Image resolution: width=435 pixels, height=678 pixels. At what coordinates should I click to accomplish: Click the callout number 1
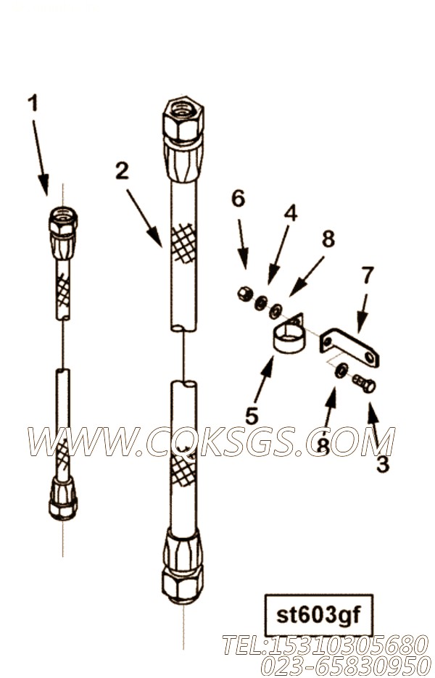coord(33,103)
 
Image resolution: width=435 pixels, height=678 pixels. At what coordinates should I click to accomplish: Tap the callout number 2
coord(122,171)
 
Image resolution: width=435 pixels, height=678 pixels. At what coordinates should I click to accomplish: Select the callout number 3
coord(382,465)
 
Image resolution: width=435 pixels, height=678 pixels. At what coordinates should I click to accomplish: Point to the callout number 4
coord(290,212)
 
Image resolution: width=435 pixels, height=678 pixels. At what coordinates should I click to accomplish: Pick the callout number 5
coord(252,416)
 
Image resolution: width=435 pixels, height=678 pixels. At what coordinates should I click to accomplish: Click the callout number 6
coord(238,198)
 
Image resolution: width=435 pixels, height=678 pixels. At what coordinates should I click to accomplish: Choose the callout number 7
coord(368,276)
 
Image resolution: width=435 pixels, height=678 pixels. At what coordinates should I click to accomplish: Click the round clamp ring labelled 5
coord(289,338)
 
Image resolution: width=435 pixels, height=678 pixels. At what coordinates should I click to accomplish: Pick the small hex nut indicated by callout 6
coord(244,294)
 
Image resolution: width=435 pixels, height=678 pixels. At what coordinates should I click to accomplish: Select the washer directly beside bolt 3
coord(340,371)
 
